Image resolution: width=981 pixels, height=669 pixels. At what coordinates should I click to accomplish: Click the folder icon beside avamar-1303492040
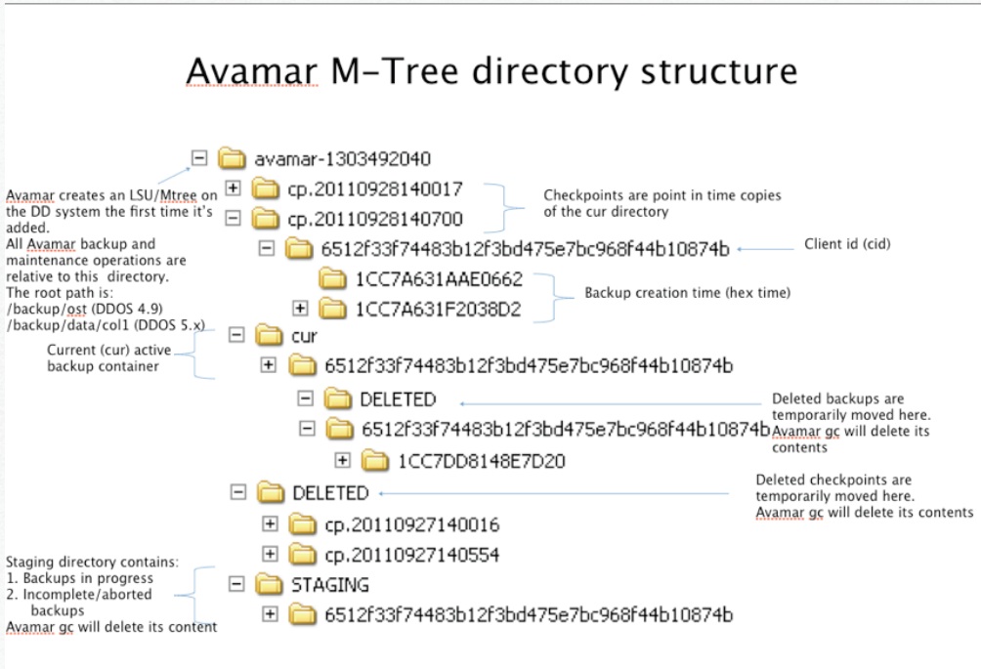[x=231, y=158]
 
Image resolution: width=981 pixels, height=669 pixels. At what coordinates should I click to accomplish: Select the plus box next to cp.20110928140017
[x=233, y=188]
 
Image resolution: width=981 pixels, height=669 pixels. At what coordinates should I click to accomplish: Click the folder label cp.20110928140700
[x=374, y=218]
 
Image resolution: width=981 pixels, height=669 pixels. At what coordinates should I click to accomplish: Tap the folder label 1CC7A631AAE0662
[x=439, y=279]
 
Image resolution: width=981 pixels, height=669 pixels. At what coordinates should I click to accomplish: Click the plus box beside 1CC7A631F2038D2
[x=301, y=309]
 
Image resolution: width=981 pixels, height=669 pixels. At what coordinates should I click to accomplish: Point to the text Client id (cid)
[x=846, y=243]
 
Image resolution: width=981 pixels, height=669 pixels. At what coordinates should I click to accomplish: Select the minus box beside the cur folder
[x=235, y=335]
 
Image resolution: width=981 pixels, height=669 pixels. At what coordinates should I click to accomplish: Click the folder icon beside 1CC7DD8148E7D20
[x=373, y=459]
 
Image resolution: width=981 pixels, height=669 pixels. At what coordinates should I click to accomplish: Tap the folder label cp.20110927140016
[x=411, y=524]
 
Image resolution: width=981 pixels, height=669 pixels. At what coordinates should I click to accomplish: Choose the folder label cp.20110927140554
[x=411, y=555]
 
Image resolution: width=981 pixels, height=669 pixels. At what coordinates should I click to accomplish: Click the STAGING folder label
[x=330, y=584]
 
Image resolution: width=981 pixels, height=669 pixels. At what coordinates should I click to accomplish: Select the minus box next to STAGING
[x=235, y=584]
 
